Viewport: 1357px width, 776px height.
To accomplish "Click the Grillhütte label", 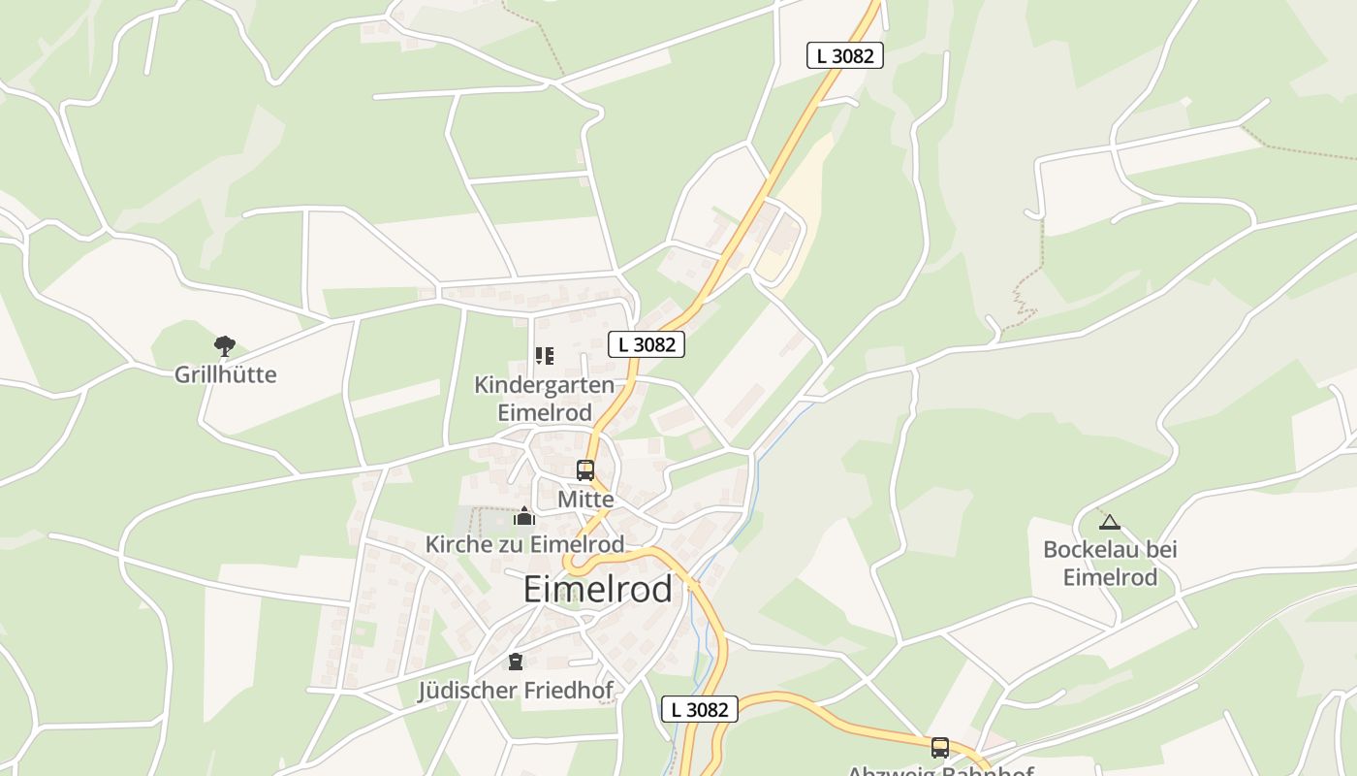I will coord(225,374).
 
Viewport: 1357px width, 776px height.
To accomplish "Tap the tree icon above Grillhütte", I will coord(225,345).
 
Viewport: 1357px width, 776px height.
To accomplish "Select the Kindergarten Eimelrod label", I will coord(544,398).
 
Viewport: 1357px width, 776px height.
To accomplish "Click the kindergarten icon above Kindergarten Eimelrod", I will coord(545,356).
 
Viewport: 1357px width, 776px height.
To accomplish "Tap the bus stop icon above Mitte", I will coord(584,470).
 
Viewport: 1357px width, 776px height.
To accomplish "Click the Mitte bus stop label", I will coord(585,500).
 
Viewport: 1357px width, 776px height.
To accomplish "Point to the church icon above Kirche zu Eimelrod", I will coord(524,516).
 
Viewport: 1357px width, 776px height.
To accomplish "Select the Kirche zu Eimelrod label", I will coord(524,544).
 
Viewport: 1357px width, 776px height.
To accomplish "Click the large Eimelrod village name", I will coord(597,589).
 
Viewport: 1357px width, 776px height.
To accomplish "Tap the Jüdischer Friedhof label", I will coord(515,691).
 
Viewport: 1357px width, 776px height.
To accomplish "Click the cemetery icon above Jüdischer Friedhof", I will coord(515,662).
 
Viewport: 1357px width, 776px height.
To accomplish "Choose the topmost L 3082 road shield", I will coord(844,55).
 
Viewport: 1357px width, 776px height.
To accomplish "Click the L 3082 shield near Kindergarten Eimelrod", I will coord(647,343).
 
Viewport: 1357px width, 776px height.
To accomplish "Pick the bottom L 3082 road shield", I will coord(700,709).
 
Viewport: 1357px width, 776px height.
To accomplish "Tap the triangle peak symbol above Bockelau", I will coord(1110,522).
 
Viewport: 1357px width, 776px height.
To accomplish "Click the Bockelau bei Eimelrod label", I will coord(1110,563).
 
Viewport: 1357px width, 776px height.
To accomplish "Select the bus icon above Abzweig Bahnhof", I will coord(939,747).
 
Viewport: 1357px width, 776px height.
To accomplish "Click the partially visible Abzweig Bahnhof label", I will coord(939,771).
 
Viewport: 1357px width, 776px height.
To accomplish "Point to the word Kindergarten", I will coord(544,385).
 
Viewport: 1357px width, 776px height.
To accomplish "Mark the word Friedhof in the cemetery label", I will coord(567,691).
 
